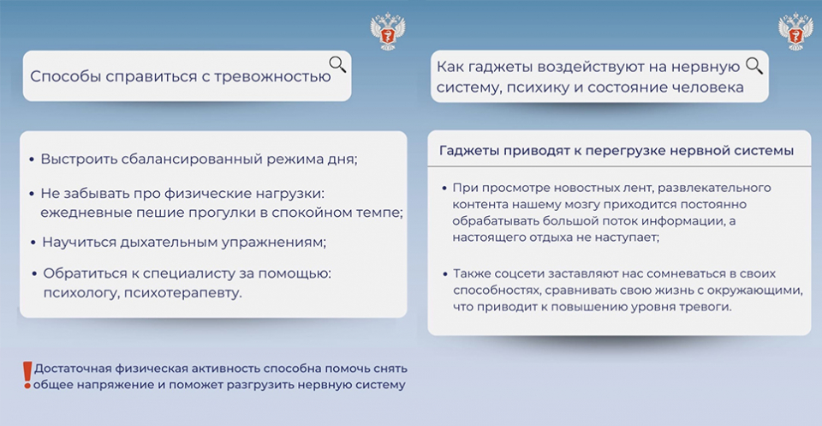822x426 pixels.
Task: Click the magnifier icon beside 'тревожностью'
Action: [337, 64]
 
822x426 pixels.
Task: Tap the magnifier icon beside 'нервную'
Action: [753, 66]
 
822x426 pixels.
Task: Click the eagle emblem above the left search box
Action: [388, 32]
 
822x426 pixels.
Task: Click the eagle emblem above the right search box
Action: [795, 32]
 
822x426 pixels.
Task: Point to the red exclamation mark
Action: [27, 375]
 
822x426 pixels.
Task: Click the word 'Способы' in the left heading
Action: [65, 76]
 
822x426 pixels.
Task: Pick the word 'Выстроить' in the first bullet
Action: [79, 159]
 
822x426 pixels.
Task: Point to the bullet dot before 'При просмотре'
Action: [444, 188]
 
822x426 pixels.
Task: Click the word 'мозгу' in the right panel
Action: [562, 205]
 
